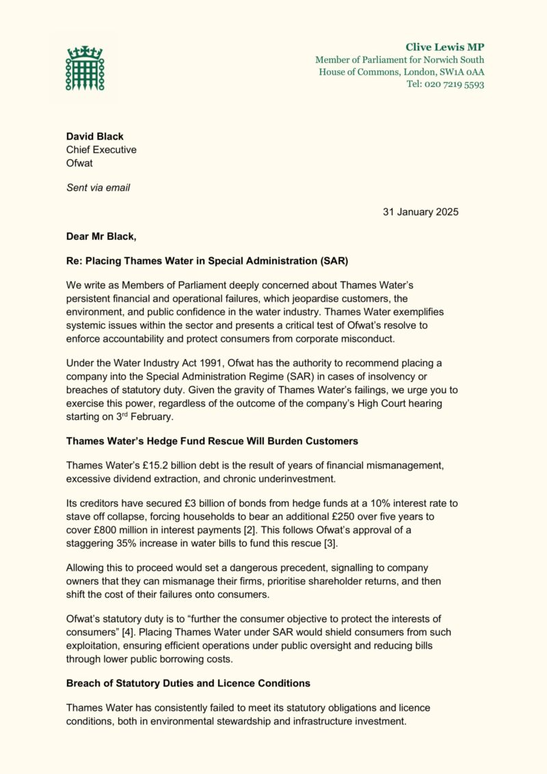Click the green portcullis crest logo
[84, 69]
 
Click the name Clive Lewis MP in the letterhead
[444, 47]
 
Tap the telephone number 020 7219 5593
[455, 84]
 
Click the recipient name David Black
[94, 136]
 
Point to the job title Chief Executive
[101, 150]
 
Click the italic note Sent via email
[98, 187]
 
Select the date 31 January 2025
[421, 212]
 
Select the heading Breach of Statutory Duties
[188, 683]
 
